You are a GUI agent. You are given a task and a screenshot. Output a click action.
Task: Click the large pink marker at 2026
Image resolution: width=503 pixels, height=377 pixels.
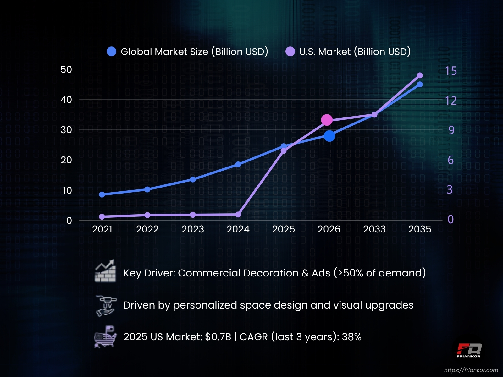coord(327,120)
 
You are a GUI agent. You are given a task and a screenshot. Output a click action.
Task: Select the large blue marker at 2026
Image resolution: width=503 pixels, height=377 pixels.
coord(329,136)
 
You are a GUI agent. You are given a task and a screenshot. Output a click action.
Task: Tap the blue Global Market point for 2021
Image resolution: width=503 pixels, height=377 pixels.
coord(102,194)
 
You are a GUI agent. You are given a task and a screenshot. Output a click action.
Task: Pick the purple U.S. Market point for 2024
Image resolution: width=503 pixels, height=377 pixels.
coord(238,215)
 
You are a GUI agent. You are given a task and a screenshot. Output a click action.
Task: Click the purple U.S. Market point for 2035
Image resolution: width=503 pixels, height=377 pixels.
coord(420,75)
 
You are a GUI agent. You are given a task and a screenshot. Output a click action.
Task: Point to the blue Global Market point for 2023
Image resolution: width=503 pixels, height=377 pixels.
coord(193,179)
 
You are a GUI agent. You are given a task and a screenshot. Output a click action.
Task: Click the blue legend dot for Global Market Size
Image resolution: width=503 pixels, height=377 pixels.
coord(112,52)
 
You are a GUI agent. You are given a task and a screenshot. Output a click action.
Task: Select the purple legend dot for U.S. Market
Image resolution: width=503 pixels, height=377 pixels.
coord(290,52)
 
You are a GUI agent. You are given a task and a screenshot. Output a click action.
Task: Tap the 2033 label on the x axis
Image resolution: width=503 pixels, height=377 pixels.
coord(374,229)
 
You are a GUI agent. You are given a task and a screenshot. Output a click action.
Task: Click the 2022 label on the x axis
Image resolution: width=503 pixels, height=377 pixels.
coord(147,229)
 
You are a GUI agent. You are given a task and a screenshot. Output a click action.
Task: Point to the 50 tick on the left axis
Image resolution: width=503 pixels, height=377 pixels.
coord(66,69)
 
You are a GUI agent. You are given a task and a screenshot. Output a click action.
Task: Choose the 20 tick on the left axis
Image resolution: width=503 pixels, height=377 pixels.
coord(66,160)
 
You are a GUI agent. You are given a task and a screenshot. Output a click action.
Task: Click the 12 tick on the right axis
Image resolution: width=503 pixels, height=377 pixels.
coord(450,101)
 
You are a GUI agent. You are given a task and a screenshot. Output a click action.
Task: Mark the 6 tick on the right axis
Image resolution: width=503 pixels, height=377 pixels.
coord(450,160)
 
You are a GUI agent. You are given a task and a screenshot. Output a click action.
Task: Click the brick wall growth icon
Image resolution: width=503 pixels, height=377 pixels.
coord(105,271)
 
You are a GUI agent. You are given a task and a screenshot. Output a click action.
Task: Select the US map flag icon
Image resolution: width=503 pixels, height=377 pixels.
coord(105,337)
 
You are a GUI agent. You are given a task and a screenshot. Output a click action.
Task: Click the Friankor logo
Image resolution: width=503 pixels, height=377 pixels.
coord(468,350)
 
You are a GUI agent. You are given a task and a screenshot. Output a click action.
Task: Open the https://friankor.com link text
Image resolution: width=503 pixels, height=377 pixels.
coord(471,370)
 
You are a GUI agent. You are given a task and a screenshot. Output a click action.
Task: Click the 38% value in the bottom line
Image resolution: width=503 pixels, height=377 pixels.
coord(351,337)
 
